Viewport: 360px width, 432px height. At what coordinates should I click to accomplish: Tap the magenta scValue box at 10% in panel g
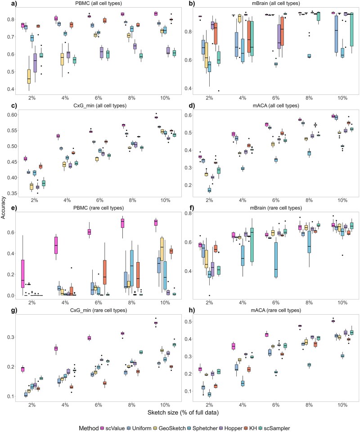pyautogui.click(x=156, y=322)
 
